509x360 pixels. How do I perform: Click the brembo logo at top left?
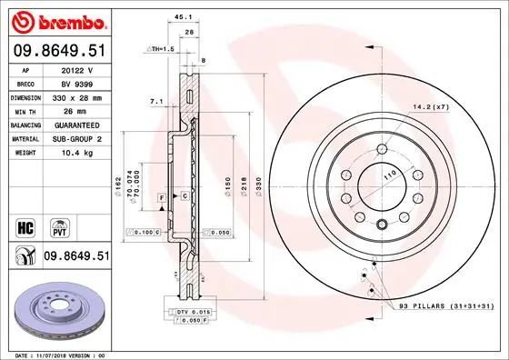(x=57, y=20)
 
